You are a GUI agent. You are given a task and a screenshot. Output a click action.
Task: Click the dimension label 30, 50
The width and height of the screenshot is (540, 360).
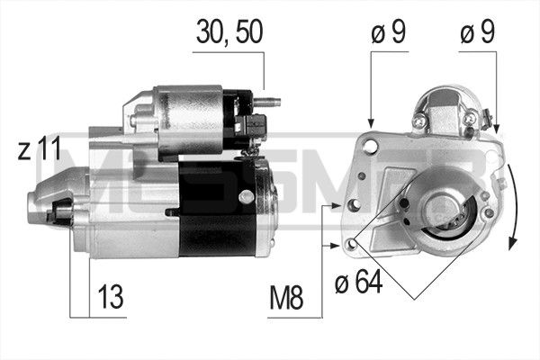(x=229, y=31)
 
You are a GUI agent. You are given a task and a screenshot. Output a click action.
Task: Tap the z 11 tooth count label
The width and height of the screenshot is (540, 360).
(x=40, y=148)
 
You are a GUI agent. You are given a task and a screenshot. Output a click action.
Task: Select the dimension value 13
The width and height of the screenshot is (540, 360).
(x=111, y=297)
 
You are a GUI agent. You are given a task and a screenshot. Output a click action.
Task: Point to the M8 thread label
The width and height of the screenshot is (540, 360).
(x=286, y=297)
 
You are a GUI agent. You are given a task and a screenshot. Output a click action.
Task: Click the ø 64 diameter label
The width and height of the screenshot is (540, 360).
(x=358, y=282)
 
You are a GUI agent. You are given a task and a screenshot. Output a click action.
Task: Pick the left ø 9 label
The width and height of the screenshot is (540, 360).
(x=388, y=31)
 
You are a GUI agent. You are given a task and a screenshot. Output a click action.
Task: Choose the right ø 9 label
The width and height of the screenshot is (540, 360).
(x=477, y=31)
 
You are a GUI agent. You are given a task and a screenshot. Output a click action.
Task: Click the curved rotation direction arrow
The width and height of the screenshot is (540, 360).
(x=513, y=206)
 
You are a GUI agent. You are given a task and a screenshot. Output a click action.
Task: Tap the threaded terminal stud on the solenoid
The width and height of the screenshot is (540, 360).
(x=267, y=102)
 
